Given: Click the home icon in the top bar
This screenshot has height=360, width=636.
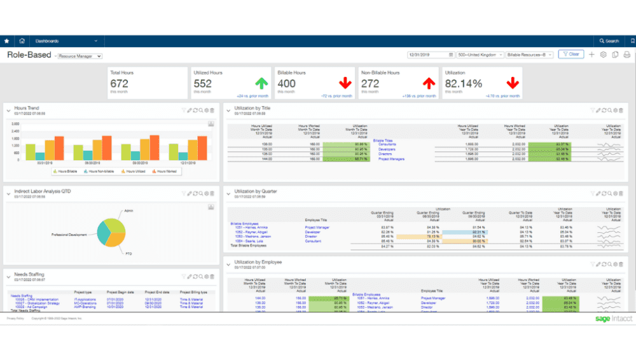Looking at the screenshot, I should [22, 41].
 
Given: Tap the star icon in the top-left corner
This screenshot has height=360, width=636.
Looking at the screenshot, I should [7, 41].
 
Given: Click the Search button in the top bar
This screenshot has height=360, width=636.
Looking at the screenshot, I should [609, 41].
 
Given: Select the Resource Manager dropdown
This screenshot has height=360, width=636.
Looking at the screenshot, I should [80, 56].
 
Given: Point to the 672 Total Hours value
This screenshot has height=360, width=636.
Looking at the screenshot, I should [120, 83].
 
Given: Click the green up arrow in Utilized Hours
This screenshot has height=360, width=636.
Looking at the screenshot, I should [261, 83].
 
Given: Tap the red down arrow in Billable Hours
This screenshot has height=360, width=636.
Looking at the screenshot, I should [345, 83].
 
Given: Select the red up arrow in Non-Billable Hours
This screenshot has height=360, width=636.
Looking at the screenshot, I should [429, 83].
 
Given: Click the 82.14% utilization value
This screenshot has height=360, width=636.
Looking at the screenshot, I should [463, 83].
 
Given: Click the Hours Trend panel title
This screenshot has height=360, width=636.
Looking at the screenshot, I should [27, 109].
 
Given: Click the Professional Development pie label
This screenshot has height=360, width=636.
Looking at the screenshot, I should [69, 235].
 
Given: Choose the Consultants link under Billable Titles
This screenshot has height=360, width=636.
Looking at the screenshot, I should [387, 144].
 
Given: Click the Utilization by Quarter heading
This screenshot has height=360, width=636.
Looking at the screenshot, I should [256, 191].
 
